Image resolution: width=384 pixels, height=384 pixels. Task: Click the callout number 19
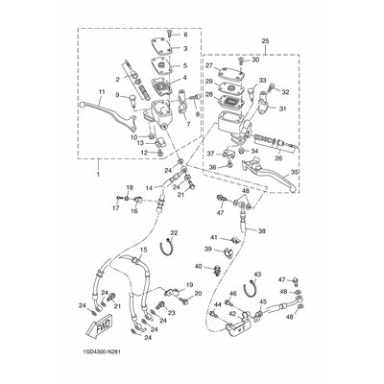190,285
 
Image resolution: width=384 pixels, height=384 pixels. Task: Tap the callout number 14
148,188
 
